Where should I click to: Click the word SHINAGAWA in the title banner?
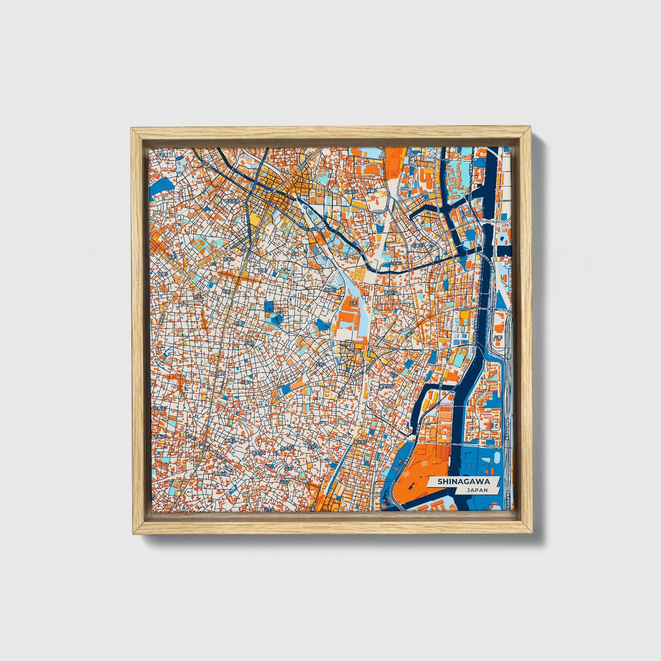[463, 482]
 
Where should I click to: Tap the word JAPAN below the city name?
[477, 490]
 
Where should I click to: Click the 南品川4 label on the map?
[390, 292]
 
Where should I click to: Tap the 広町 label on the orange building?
[353, 303]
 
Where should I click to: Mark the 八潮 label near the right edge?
[498, 337]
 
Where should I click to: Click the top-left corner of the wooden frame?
[133, 130]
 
